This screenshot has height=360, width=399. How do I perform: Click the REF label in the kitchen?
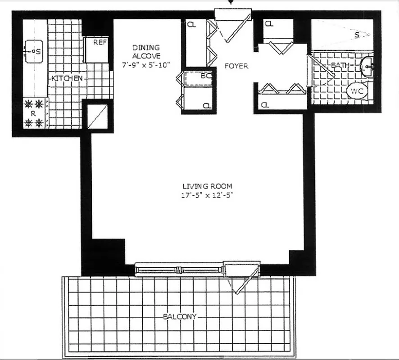pyautogui.click(x=100, y=43)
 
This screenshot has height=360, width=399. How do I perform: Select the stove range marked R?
pyautogui.click(x=34, y=114)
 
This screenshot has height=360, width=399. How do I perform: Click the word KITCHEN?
pyautogui.click(x=67, y=78)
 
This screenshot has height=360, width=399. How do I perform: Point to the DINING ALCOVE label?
pyautogui.click(x=146, y=51)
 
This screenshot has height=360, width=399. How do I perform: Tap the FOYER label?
pyautogui.click(x=236, y=66)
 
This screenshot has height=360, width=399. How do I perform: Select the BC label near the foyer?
pyautogui.click(x=206, y=76)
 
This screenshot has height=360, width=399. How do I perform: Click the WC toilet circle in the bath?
pyautogui.click(x=357, y=91)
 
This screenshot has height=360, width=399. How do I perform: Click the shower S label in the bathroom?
pyautogui.click(x=357, y=34)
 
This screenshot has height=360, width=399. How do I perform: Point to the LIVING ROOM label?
pyautogui.click(x=208, y=186)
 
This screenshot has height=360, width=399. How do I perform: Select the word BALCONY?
pyautogui.click(x=179, y=317)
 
